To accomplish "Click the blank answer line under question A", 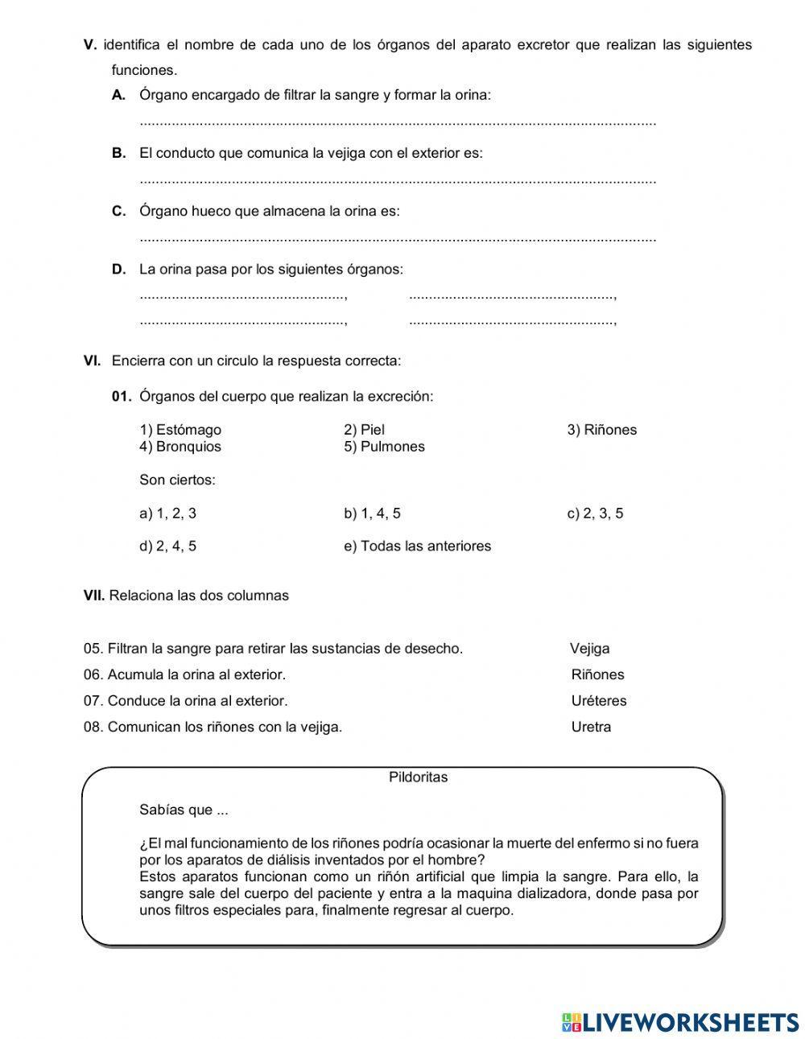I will pyautogui.click(x=398, y=123).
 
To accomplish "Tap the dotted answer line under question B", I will pyautogui.click(x=398, y=181).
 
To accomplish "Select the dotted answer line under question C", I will pyautogui.click(x=398, y=239).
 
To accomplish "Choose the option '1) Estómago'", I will pyautogui.click(x=180, y=430).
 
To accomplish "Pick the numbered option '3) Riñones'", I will pyautogui.click(x=601, y=430).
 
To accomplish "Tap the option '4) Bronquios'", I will pyautogui.click(x=180, y=447).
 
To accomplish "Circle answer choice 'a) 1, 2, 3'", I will pyautogui.click(x=167, y=513).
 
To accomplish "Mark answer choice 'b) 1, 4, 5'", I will pyautogui.click(x=372, y=513).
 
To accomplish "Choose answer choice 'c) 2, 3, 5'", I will pyautogui.click(x=595, y=513).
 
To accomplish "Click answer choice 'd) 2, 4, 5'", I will pyautogui.click(x=167, y=546).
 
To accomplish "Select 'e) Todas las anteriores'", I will pyautogui.click(x=417, y=546).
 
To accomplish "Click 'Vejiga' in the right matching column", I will pyautogui.click(x=589, y=649).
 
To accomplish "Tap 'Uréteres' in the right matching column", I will pyautogui.click(x=598, y=701).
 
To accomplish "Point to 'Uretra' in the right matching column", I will pyautogui.click(x=591, y=728).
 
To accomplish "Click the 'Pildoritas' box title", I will pyautogui.click(x=418, y=777).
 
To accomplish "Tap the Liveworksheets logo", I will pyautogui.click(x=680, y=1021).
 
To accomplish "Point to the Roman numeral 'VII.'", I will pyautogui.click(x=94, y=596).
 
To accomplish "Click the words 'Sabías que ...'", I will pyautogui.click(x=178, y=810).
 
